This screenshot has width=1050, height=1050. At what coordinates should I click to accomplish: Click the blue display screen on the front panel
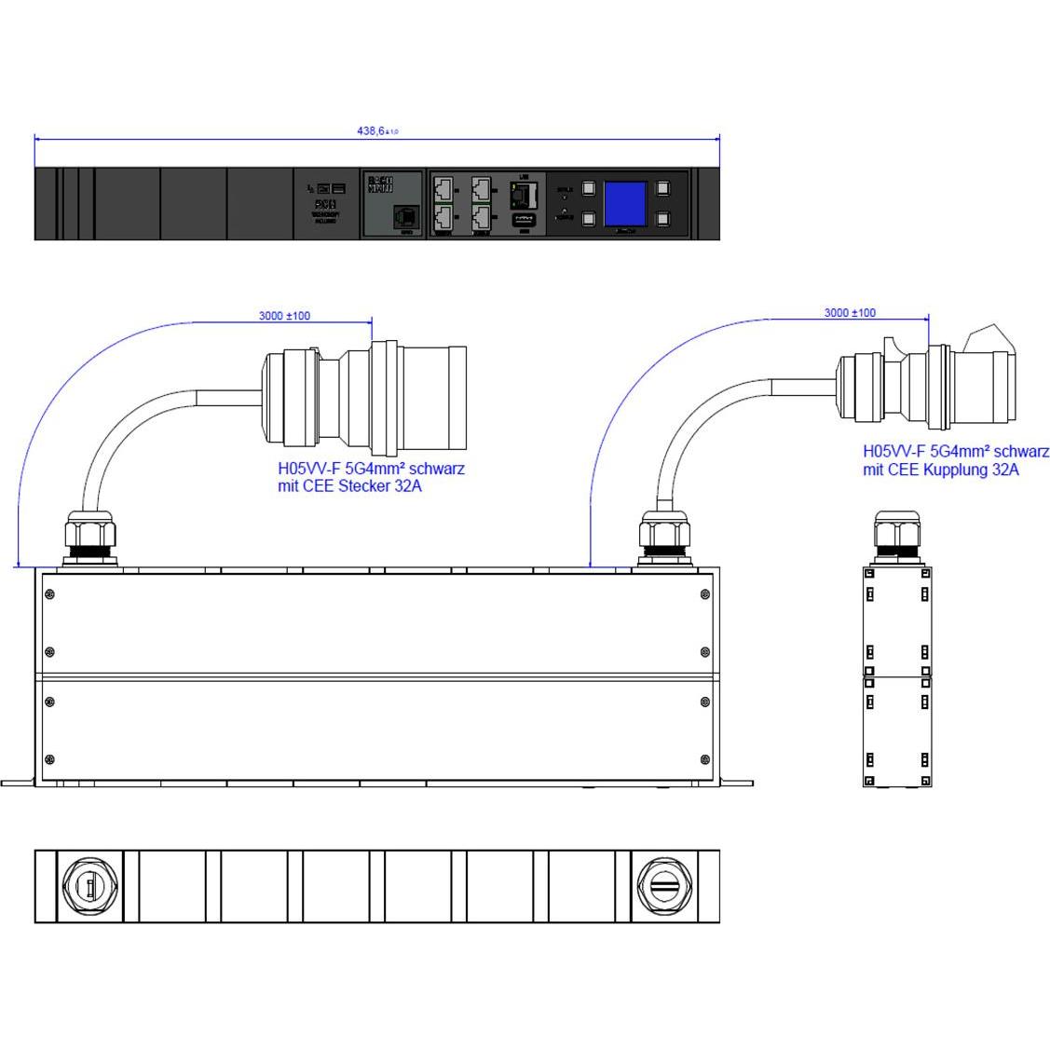[x=625, y=204]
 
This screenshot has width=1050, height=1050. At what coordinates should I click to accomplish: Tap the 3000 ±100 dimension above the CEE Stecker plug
[x=284, y=316]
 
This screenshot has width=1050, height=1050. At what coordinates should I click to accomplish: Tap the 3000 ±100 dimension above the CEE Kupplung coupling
[x=849, y=313]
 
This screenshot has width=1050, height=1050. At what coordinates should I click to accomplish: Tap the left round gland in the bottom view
[x=89, y=886]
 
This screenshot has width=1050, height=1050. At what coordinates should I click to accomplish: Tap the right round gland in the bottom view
[x=663, y=886]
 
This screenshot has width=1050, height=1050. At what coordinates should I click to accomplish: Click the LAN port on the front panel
[x=525, y=195]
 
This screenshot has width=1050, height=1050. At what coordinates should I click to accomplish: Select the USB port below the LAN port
[x=525, y=222]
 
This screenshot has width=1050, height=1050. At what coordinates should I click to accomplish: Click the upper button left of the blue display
[x=588, y=188]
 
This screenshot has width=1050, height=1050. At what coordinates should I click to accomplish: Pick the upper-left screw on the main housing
[x=49, y=594]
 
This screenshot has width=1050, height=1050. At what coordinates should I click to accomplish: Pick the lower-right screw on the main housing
[x=703, y=759]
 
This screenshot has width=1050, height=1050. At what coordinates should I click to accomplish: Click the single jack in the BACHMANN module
[x=405, y=216]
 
